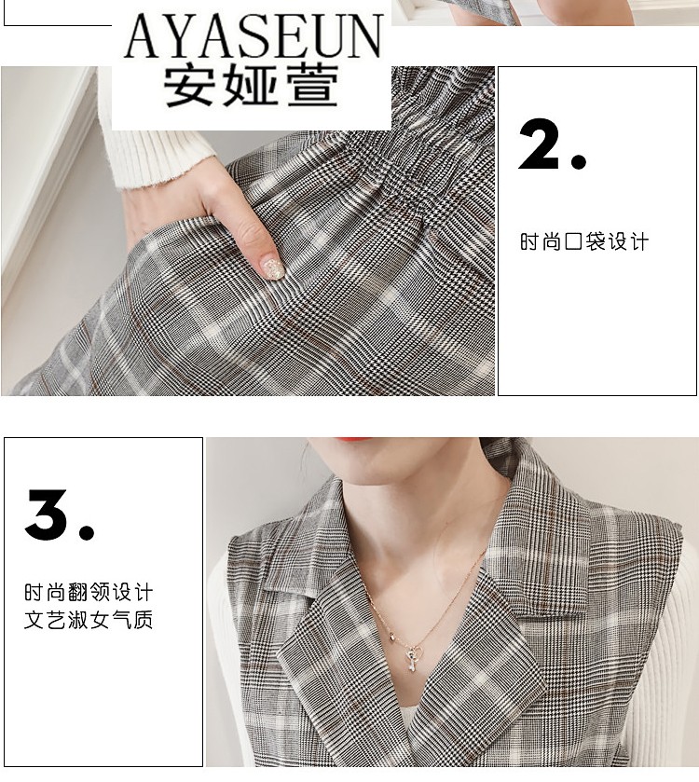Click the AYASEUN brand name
point(254,35)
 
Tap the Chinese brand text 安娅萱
point(252,87)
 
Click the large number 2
point(541,144)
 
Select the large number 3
point(48,514)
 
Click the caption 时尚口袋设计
point(583,242)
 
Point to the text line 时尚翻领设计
point(89,593)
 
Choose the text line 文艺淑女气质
point(89,620)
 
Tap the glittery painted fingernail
point(273,268)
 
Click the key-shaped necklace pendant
point(412,658)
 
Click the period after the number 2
point(579,161)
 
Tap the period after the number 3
point(85,532)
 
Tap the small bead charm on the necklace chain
point(391,636)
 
